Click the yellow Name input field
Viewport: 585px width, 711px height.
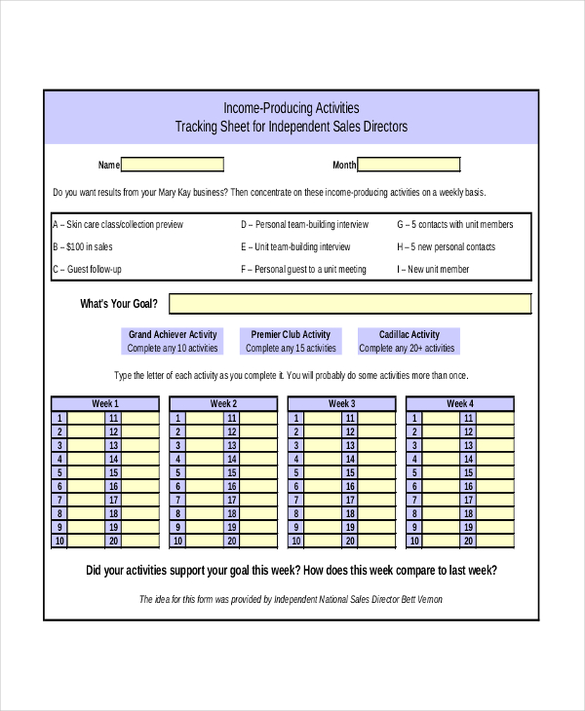coord(173,165)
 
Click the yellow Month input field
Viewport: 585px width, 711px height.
coord(409,165)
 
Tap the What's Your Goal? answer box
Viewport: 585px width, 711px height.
coord(350,304)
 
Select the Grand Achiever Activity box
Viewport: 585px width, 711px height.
coord(174,341)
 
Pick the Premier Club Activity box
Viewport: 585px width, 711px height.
coord(291,341)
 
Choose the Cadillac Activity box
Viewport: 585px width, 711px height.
coord(408,341)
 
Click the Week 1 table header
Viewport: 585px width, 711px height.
coord(105,403)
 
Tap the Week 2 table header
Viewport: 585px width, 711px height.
coord(223,403)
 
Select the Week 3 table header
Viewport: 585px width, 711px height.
coord(341,403)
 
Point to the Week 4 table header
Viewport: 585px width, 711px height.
coord(459,403)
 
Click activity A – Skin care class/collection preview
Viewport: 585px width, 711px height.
coord(118,224)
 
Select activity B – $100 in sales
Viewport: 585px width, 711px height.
coord(83,246)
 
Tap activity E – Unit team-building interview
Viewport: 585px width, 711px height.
coord(295,246)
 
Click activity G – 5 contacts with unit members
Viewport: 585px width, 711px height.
coord(455,224)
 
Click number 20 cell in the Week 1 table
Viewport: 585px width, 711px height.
coord(113,542)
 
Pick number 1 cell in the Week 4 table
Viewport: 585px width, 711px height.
coord(414,418)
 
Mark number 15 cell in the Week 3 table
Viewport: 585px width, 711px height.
coord(349,473)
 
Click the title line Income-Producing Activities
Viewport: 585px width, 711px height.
coord(292,108)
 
